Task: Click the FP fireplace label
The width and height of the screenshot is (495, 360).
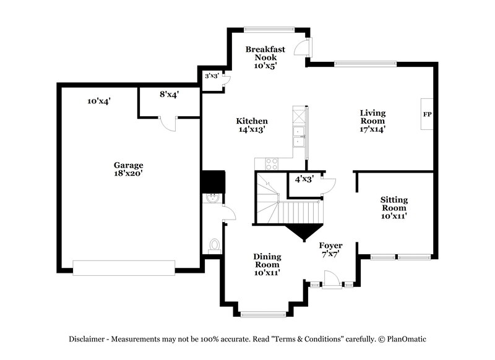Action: coord(427,115)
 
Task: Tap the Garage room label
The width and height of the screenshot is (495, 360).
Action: coord(128,169)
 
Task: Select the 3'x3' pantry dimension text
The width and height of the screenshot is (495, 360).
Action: coord(212,76)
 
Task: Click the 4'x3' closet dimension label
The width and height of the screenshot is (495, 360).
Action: coord(304,179)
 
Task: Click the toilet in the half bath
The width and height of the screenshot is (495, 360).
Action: coord(215,245)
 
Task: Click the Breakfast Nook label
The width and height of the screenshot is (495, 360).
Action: coord(265,57)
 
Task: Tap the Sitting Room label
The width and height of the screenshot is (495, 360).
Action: coord(394,207)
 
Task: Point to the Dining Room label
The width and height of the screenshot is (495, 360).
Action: coord(267,262)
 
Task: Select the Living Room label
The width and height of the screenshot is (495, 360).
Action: coord(373,121)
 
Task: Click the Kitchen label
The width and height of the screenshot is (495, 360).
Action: coord(252,125)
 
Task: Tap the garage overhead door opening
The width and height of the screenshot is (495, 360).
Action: coord(124,267)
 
